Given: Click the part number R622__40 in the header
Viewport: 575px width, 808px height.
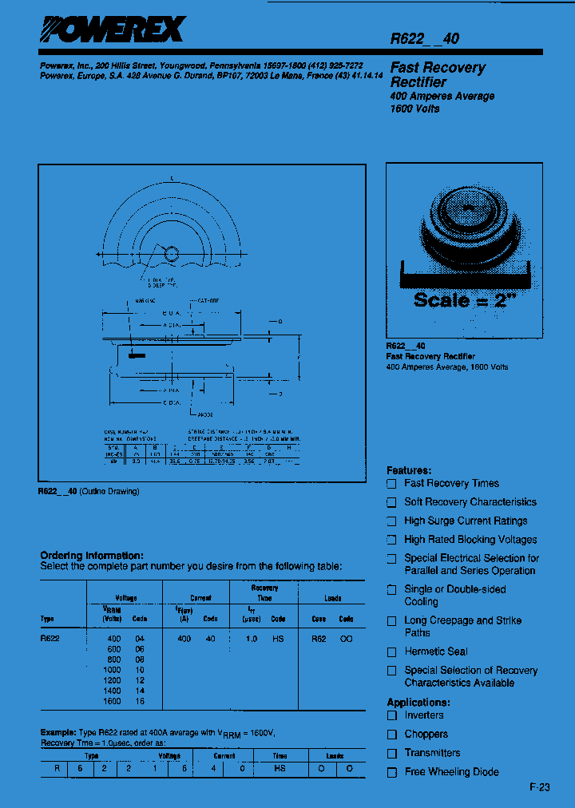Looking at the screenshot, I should tap(424, 38).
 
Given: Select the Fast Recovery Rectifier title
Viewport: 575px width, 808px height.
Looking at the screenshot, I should tap(437, 74).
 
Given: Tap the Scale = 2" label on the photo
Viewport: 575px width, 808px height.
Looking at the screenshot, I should tap(464, 300).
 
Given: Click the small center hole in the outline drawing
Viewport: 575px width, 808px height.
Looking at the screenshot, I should tap(172, 254).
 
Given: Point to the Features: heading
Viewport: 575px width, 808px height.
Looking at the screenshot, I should tap(409, 470).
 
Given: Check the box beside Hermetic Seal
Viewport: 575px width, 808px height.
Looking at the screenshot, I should tap(391, 652).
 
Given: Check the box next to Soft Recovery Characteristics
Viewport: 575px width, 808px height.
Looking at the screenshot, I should tap(391, 502).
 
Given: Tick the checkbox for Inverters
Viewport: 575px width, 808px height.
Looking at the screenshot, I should tap(391, 715).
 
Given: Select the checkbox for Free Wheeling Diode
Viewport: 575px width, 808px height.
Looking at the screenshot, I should tap(391, 772).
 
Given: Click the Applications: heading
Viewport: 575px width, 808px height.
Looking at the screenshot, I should tap(418, 703).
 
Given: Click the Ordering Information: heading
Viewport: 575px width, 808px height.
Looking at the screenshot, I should tap(92, 555).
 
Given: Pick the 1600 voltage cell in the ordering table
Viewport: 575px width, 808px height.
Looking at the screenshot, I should tap(112, 701).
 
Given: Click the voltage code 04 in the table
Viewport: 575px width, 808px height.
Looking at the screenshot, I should tap(140, 639).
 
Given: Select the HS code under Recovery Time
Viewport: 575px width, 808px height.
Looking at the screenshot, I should tap(278, 639).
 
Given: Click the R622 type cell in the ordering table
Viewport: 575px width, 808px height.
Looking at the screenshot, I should tap(50, 639).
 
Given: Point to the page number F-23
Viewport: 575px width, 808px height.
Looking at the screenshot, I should tap(540, 787).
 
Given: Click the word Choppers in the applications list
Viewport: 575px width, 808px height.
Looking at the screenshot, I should tap(426, 734).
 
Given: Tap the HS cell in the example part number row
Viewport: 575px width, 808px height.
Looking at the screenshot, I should tap(280, 768).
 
